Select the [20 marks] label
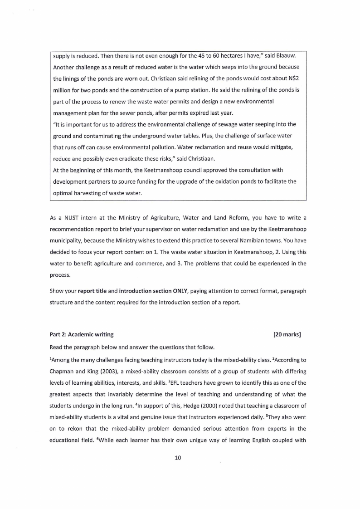pos(287,335)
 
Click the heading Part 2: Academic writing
pos(82,335)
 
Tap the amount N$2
pos(293,79)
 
